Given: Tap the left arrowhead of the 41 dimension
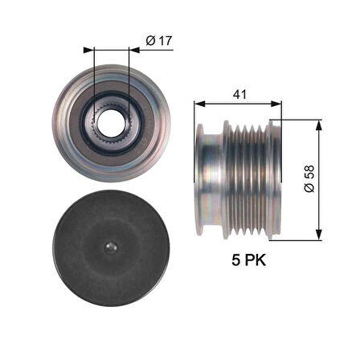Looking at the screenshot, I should [x=198, y=103].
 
